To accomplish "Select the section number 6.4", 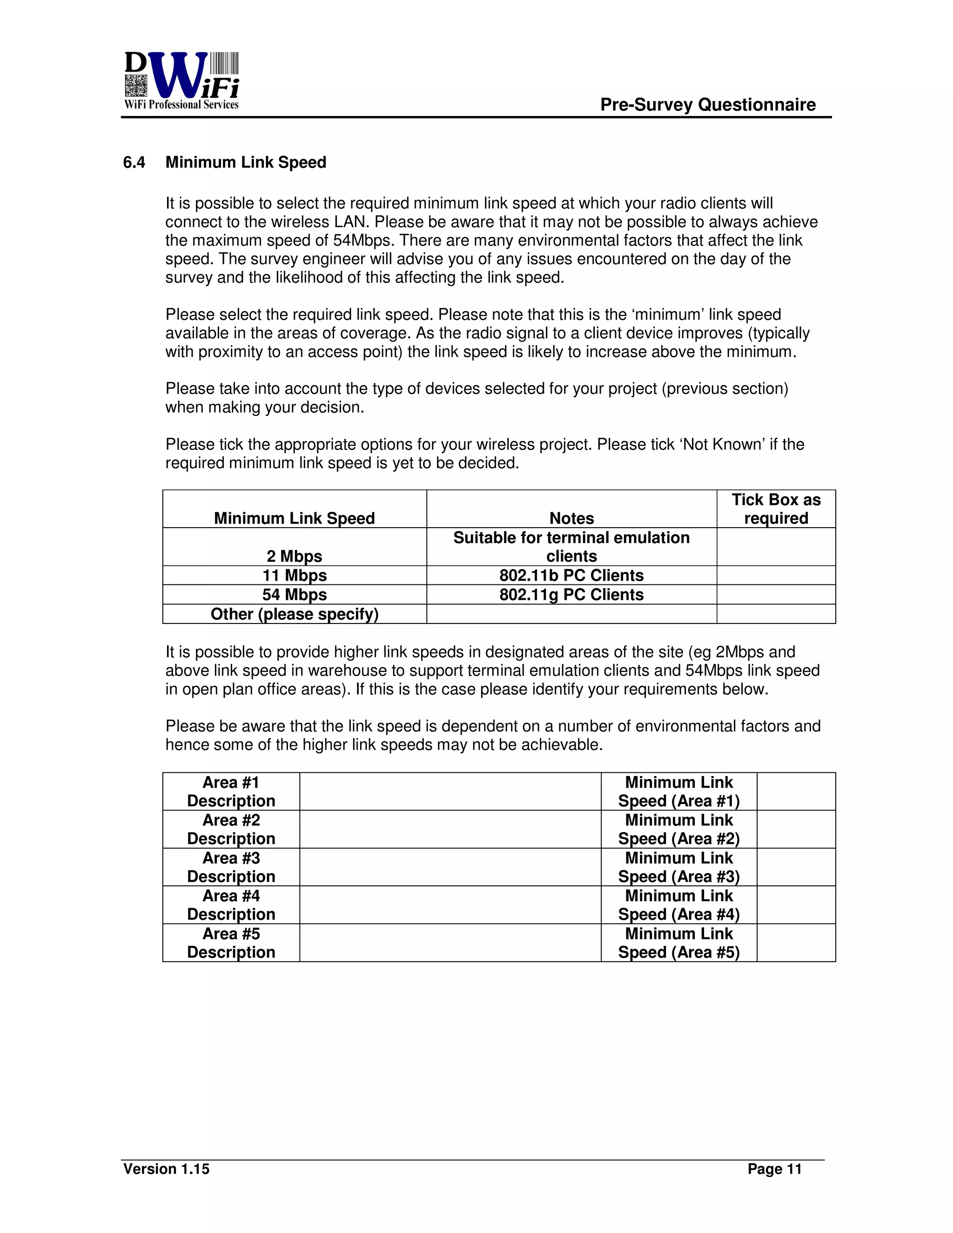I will point(134,162).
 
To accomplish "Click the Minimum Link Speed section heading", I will point(246,162).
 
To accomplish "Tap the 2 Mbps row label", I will point(294,556).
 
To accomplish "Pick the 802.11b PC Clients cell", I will point(571,575).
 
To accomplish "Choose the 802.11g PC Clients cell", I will point(571,595).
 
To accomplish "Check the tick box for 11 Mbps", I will point(776,575).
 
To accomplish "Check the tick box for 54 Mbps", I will point(776,595).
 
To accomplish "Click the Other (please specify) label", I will point(294,614).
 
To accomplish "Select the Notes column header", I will point(571,518).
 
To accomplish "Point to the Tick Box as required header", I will point(776,509).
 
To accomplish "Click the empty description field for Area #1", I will point(450,791).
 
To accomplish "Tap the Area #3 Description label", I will point(231,867).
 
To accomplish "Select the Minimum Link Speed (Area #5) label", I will point(678,943).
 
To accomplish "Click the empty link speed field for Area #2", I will point(795,829).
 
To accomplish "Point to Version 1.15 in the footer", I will point(166,1169).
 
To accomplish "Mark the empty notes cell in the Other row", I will point(571,614).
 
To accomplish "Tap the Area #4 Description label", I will point(231,905).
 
